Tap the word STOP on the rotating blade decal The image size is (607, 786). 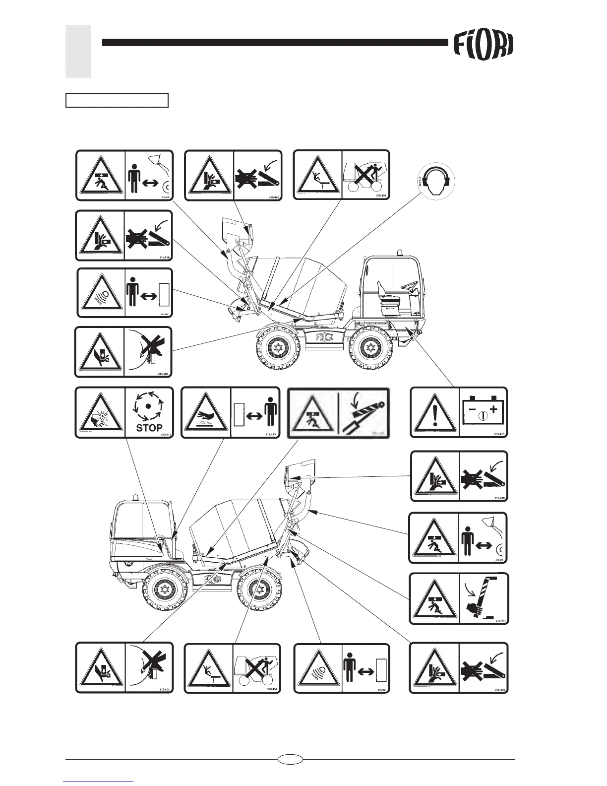point(149,428)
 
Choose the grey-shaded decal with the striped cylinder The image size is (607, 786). point(339,412)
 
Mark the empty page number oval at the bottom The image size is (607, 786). point(290,759)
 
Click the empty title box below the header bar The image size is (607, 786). point(117,100)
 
